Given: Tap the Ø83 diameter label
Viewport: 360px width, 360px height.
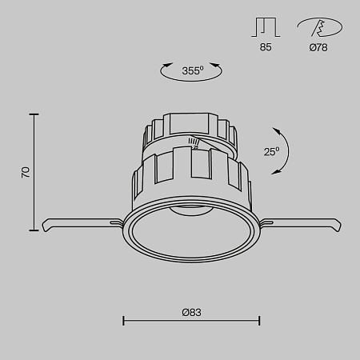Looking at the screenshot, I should tap(191, 311).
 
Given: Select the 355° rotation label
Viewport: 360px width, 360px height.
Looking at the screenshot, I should tap(192, 70).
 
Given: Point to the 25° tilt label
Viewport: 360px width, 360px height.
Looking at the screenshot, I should tap(271, 150).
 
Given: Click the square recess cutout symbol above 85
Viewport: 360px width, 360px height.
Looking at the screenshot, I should tap(266, 27).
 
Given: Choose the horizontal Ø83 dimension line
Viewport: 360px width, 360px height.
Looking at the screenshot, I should tap(191, 322).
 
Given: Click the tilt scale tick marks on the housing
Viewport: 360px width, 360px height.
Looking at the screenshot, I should tap(194, 144).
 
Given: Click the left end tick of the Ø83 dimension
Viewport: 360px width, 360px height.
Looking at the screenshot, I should tap(123, 322).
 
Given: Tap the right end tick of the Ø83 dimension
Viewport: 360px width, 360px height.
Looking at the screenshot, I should tap(259, 322).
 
